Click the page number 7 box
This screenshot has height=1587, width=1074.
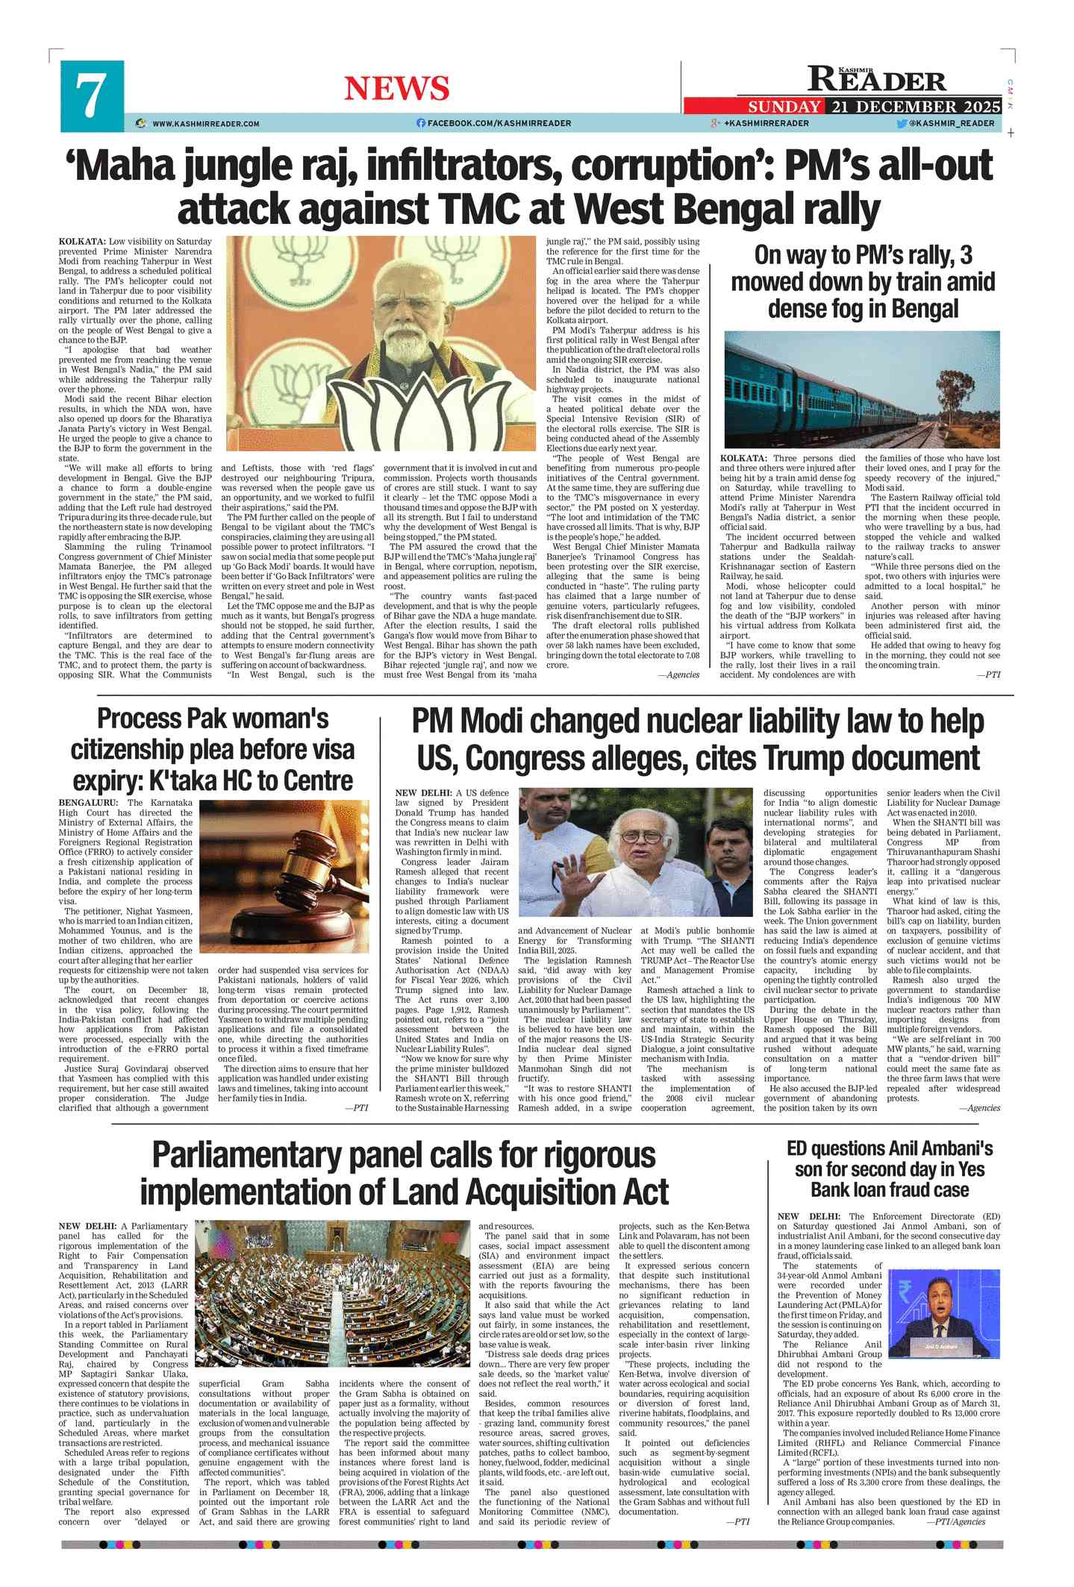(x=92, y=96)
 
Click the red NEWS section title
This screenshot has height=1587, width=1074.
(x=396, y=89)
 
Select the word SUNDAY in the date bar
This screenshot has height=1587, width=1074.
(x=784, y=107)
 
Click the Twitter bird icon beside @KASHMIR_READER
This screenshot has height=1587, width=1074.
(x=902, y=124)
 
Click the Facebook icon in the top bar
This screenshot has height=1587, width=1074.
(x=421, y=123)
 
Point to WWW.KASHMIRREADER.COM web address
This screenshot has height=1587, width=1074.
(x=206, y=124)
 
